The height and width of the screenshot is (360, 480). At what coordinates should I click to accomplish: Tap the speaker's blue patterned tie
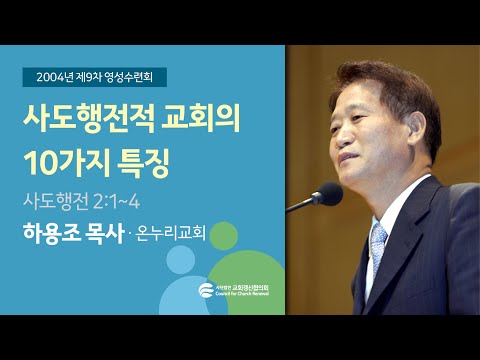(x=379, y=250)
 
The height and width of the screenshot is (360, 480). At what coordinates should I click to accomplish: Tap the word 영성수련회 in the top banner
(x=138, y=75)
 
